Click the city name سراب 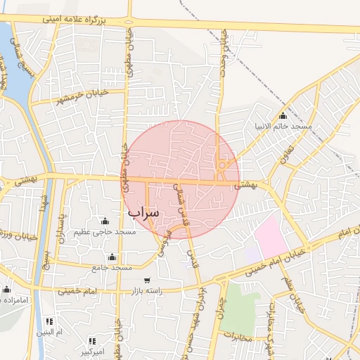pyautogui.click(x=144, y=212)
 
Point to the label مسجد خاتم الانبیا pyautogui.click(x=283, y=127)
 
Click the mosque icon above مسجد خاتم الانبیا pyautogui.click(x=283, y=116)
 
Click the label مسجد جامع pyautogui.click(x=112, y=268)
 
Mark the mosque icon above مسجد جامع pyautogui.click(x=112, y=257)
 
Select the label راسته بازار pyautogui.click(x=148, y=290)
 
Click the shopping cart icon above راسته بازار pyautogui.click(x=147, y=280)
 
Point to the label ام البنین pyautogui.click(x=50, y=331)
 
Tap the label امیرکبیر pyautogui.click(x=91, y=349)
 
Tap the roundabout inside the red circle pyautogui.click(x=222, y=166)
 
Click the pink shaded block pyautogui.click(x=271, y=236)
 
